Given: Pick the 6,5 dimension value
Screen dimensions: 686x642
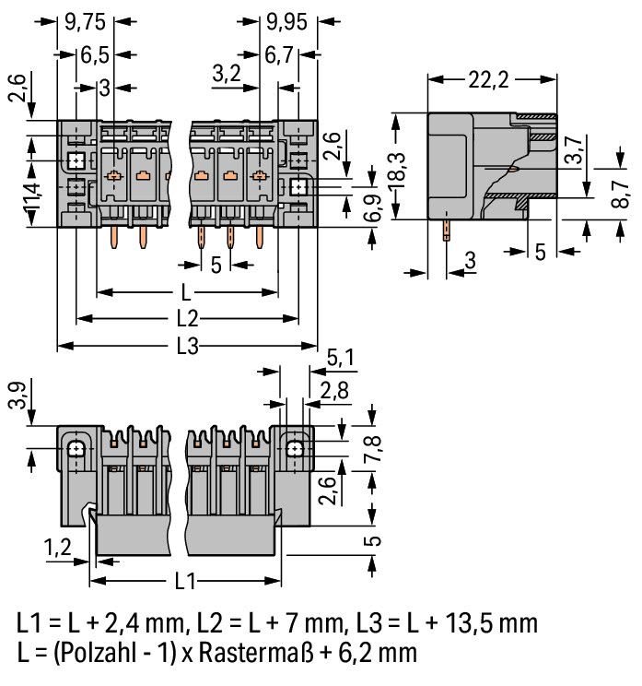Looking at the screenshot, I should point(94,53).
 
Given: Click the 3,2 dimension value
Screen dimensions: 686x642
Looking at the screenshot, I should point(227,74).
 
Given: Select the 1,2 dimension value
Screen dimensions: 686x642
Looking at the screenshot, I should point(59,550).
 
